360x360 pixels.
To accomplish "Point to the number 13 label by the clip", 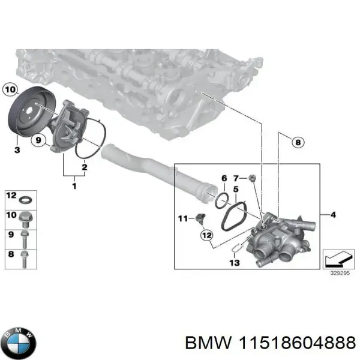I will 234,263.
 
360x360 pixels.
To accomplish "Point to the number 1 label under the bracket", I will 74,187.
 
